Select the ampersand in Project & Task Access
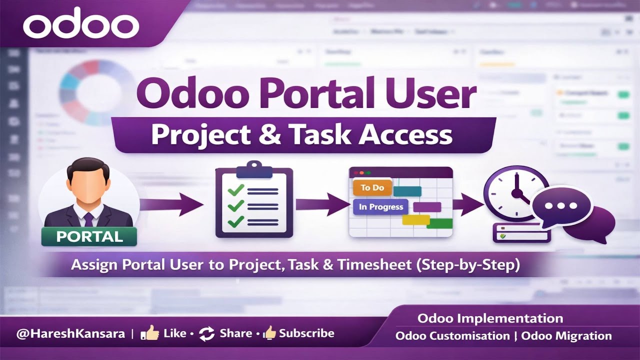[x=284, y=135]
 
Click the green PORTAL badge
[x=89, y=236]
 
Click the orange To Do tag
[x=372, y=187]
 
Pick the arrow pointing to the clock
[x=467, y=204]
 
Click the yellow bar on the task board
[x=415, y=219]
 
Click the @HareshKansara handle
[x=70, y=333]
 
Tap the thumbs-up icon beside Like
[x=149, y=333]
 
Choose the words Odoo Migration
[x=566, y=336]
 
